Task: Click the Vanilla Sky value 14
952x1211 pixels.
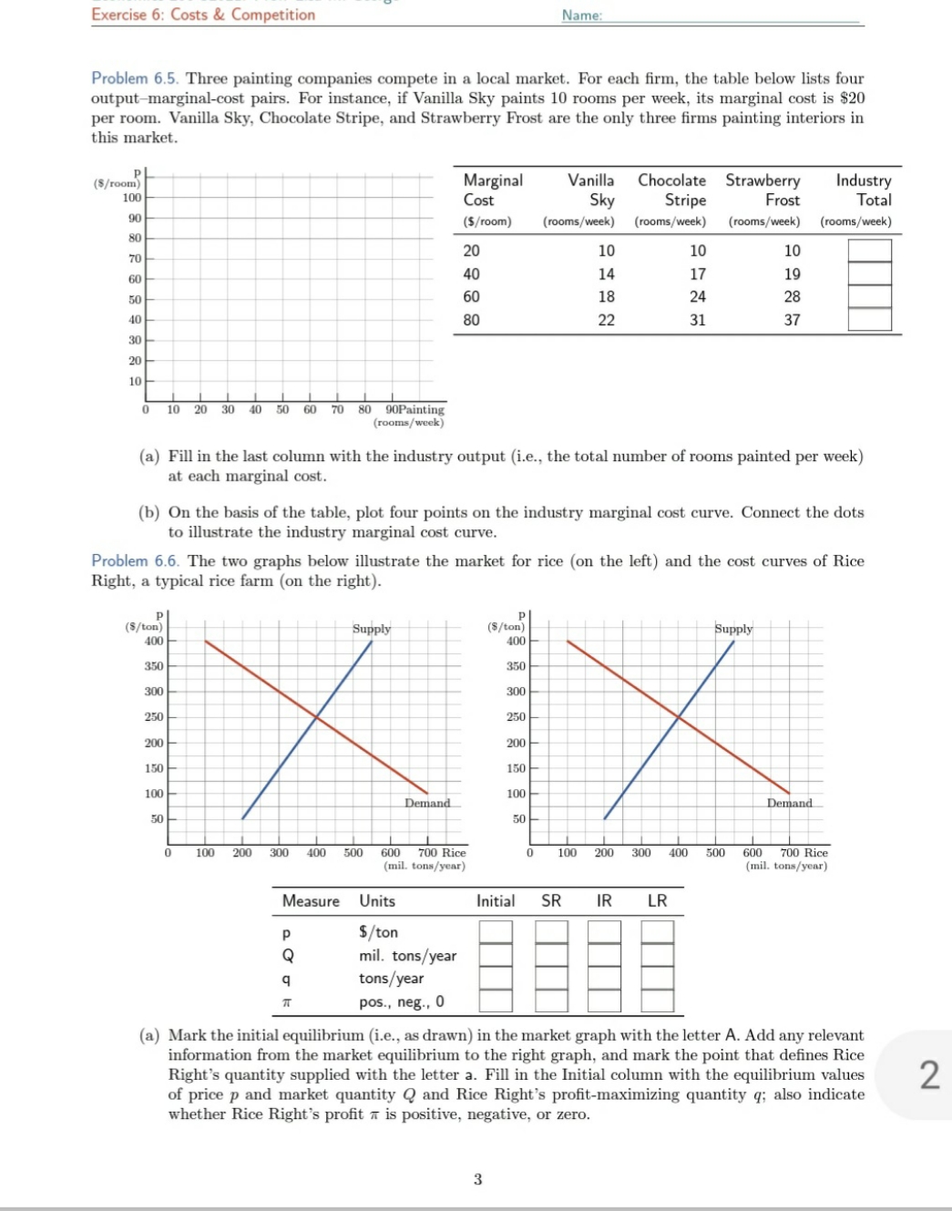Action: pos(606,274)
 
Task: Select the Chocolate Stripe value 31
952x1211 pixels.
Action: pos(697,320)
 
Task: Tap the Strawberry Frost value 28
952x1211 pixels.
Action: pos(792,297)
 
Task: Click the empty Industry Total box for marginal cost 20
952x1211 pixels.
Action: pos(869,251)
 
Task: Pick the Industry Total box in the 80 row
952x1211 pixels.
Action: pos(869,319)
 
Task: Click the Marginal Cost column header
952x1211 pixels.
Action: pos(492,190)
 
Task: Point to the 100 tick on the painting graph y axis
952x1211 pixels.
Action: pos(133,198)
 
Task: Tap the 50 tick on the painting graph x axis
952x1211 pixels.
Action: pos(282,409)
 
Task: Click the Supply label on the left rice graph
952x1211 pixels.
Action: pos(372,629)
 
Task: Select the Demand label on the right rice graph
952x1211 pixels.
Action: pos(789,803)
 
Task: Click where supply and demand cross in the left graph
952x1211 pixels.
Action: pos(316,717)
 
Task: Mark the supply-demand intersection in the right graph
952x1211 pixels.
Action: pos(679,717)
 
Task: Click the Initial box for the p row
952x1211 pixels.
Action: pos(496,932)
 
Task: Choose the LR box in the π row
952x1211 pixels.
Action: pos(657,1001)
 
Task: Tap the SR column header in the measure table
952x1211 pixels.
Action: pos(551,900)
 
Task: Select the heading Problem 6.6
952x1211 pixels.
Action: pos(135,560)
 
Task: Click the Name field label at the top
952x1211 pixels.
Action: pos(581,15)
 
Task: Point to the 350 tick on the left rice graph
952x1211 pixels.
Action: pos(154,666)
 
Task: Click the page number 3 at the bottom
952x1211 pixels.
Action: pos(477,1179)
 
